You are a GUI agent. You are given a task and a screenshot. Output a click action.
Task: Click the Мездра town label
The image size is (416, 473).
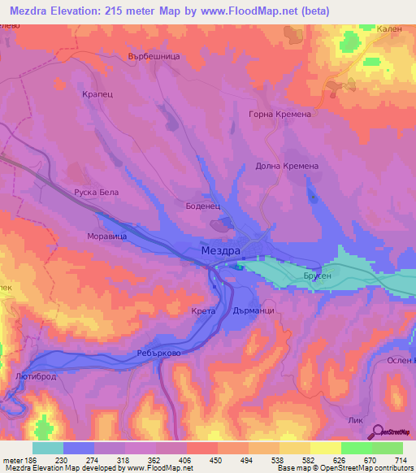coord(221,253)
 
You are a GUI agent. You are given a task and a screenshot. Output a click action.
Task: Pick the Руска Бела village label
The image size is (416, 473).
coord(97,193)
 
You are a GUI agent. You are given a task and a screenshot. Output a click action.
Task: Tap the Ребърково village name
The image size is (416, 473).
coord(158,355)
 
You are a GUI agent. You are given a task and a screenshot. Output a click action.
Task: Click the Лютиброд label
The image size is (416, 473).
coord(32,376)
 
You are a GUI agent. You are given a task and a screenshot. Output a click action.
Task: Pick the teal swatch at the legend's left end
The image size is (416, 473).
coord(48,448)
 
